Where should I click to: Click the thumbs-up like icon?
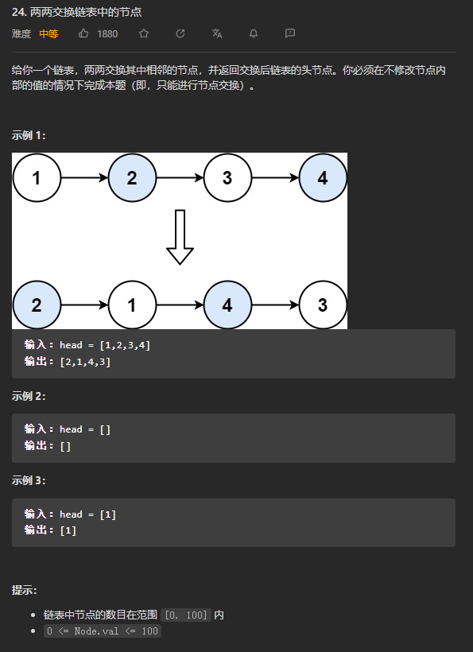(83, 33)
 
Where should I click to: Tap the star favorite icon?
(144, 33)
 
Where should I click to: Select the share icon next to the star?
(180, 33)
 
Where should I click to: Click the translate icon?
(216, 33)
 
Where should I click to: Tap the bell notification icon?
(254, 33)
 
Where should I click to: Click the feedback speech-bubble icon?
(290, 33)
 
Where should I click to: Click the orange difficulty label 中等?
(48, 33)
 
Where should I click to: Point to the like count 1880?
(107, 33)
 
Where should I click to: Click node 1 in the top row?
(37, 178)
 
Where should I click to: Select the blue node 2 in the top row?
(132, 178)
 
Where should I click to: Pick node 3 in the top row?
(227, 178)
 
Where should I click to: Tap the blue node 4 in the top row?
(323, 178)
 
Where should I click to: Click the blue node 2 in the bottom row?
(37, 305)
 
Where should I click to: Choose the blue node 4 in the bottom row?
(227, 305)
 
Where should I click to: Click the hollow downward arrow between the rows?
(180, 237)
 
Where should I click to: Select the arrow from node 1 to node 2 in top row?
(85, 178)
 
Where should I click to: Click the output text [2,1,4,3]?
(86, 362)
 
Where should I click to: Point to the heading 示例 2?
(29, 396)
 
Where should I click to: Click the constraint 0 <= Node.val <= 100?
(103, 631)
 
